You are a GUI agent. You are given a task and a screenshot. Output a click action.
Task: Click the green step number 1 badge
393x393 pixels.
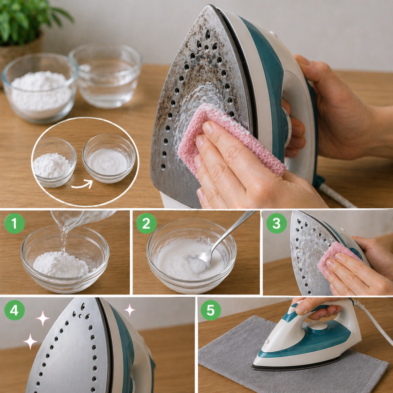click(15, 224)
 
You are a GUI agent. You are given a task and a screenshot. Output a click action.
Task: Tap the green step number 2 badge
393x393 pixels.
click(146, 224)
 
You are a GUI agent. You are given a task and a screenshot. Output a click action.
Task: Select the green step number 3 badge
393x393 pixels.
click(276, 223)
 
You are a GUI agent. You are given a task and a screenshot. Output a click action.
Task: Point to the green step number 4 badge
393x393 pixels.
click(15, 310)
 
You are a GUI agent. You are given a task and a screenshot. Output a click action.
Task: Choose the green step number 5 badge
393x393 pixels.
click(211, 310)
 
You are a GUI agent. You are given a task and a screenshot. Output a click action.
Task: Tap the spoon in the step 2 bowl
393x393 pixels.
click(221, 241)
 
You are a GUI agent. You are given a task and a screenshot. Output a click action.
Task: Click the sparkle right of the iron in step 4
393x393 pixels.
click(130, 310)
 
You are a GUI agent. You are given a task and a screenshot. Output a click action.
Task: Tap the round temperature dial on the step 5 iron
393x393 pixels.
click(317, 326)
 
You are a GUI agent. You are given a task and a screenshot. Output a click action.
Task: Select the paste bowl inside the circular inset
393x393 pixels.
click(109, 158)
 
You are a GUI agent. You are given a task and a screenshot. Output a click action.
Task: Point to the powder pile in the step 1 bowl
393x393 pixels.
click(61, 265)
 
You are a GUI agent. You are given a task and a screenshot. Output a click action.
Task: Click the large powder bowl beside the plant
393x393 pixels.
click(40, 88)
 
